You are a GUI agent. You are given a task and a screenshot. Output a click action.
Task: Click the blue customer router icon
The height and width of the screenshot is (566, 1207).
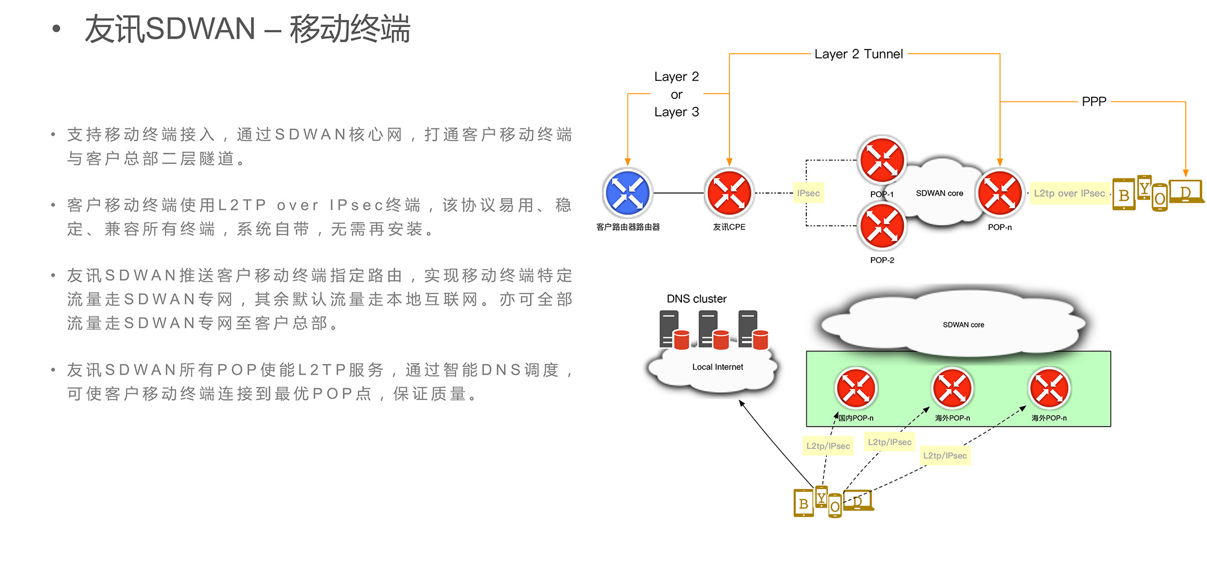pyautogui.click(x=627, y=193)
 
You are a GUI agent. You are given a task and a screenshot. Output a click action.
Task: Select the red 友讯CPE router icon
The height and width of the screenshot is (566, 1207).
pyautogui.click(x=729, y=193)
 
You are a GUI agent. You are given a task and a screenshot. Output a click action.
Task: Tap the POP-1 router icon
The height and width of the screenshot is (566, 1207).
pyautogui.click(x=882, y=161)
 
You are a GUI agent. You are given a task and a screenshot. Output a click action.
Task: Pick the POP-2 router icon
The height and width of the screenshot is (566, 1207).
pyautogui.click(x=882, y=226)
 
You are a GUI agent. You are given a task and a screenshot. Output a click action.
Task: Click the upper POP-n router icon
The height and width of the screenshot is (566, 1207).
pyautogui.click(x=1000, y=193)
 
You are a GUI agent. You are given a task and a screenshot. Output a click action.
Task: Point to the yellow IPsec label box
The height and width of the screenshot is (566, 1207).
pyautogui.click(x=808, y=193)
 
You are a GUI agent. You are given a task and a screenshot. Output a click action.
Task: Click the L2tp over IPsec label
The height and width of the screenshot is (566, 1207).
pyautogui.click(x=1069, y=193)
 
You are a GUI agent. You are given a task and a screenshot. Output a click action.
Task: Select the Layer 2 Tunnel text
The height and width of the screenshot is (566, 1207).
pyautogui.click(x=858, y=54)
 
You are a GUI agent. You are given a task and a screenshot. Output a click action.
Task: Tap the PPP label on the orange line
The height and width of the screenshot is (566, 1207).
pyautogui.click(x=1094, y=101)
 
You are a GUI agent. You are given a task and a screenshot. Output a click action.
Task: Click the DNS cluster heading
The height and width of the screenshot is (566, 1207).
pyautogui.click(x=696, y=299)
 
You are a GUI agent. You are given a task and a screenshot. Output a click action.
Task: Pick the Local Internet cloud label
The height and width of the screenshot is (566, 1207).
pyautogui.click(x=718, y=367)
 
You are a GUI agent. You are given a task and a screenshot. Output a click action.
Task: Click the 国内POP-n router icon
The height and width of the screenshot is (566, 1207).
pyautogui.click(x=856, y=388)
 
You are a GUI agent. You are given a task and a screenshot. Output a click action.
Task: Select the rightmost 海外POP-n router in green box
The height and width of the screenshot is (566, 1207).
pyautogui.click(x=1049, y=388)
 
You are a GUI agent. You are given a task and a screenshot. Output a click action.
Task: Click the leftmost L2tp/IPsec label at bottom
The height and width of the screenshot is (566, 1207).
pyautogui.click(x=828, y=446)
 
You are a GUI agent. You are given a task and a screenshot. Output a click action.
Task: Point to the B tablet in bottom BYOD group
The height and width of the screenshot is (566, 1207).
pyautogui.click(x=803, y=503)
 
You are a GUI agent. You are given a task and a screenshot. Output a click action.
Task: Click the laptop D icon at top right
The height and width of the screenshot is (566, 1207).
pyautogui.click(x=1186, y=192)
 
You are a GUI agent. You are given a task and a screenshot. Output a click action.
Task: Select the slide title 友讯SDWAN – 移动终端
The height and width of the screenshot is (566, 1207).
pyautogui.click(x=247, y=29)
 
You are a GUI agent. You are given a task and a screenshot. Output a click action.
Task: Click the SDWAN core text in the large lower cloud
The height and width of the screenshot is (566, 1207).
pyautogui.click(x=963, y=325)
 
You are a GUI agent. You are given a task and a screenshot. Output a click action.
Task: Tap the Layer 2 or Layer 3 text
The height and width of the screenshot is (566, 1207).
pyautogui.click(x=677, y=94)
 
